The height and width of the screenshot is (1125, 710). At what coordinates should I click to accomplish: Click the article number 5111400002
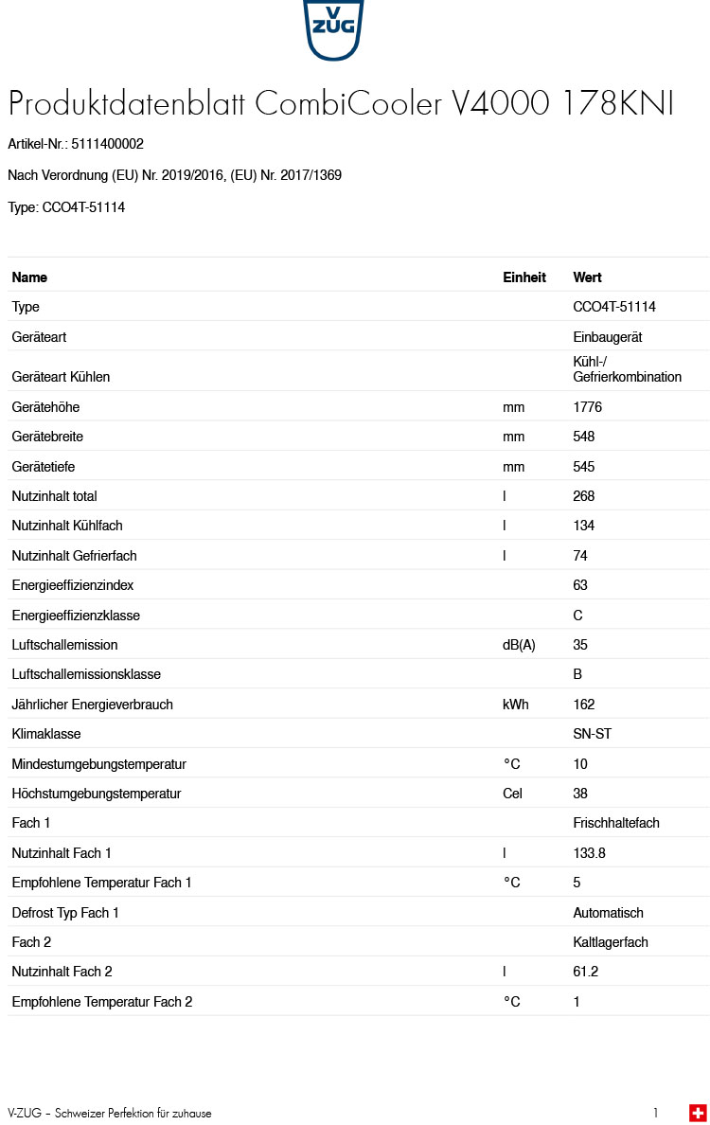point(107,144)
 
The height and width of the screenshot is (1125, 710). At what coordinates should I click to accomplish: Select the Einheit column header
point(524,277)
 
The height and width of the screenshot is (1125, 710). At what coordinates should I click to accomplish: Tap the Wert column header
point(587,277)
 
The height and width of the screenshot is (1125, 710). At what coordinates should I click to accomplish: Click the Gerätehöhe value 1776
point(587,407)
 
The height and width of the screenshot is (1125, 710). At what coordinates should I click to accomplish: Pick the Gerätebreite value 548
point(584,437)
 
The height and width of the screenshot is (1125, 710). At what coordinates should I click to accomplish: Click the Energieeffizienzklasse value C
point(578,616)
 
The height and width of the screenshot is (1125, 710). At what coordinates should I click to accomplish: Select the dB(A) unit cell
point(519,645)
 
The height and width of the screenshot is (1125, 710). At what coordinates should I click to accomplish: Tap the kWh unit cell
point(516,705)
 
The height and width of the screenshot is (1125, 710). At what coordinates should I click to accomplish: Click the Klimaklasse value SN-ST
point(593,734)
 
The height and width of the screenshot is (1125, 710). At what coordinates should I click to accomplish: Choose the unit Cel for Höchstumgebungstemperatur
point(512,794)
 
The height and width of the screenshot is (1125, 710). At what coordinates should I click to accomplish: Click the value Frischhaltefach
point(616,823)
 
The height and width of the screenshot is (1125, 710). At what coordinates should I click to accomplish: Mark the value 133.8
point(589,853)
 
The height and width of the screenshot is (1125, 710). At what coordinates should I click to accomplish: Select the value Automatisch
point(608,913)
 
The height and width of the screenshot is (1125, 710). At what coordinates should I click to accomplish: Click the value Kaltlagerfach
point(611,942)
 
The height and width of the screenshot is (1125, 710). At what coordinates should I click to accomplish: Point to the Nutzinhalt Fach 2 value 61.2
point(586,972)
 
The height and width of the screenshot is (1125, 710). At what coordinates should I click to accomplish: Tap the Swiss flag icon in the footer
point(698,1113)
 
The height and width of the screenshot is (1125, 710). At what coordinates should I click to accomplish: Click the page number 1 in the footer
point(655,1113)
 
